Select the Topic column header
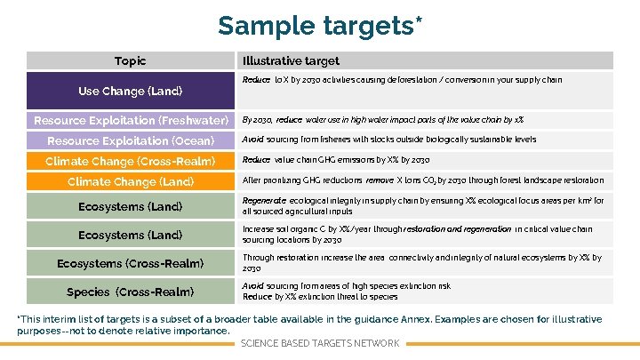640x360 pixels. coord(131,61)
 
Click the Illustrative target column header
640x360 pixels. coord(291,61)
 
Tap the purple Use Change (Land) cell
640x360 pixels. coord(131,91)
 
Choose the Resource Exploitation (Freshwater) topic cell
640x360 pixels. coord(131,120)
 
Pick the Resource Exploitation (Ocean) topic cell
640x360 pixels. coord(131,140)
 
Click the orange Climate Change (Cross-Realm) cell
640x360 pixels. coord(131,161)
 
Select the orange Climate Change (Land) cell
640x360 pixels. coord(131,181)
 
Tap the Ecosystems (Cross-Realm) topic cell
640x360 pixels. coord(131,263)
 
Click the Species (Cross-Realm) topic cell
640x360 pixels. coord(131,292)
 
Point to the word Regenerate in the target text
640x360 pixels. coord(262,201)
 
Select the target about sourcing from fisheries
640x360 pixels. coord(389,140)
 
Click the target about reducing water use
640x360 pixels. coord(382,119)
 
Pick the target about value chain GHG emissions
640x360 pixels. coord(336,160)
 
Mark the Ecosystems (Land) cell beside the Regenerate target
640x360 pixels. coord(131,206)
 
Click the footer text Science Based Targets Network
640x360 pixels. coord(320,343)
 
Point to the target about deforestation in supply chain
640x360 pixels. coord(402,80)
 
